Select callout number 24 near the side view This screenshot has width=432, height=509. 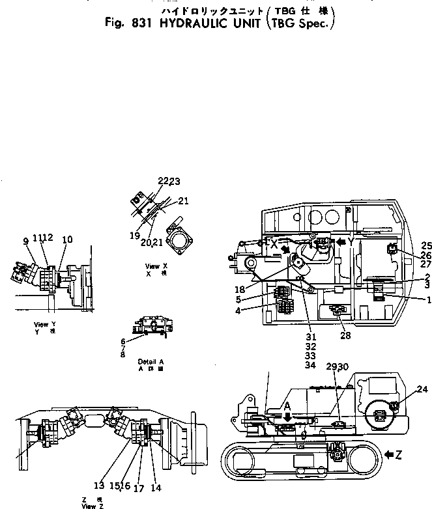[422, 390]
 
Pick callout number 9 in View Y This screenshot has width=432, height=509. [25, 241]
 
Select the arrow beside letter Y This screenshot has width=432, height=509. [339, 241]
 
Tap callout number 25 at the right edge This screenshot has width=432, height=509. [427, 245]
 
